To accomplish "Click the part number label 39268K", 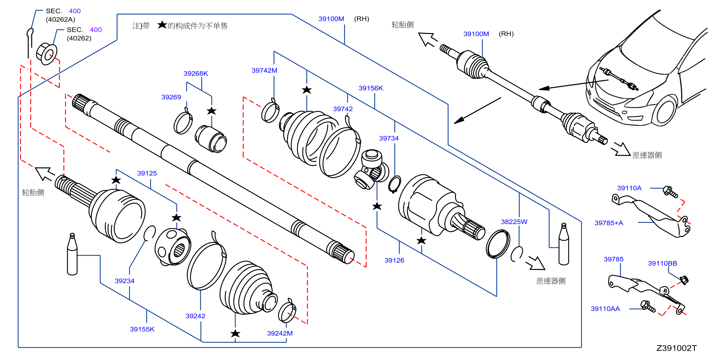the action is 196,74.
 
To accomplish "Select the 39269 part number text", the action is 171,97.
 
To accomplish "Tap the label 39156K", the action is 371,88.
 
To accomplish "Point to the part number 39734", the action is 389,138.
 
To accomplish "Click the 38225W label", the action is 514,222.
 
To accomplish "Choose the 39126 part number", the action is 394,260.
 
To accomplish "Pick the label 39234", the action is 124,281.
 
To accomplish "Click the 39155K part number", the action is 142,329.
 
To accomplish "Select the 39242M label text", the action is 280,333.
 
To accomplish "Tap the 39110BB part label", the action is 662,263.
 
